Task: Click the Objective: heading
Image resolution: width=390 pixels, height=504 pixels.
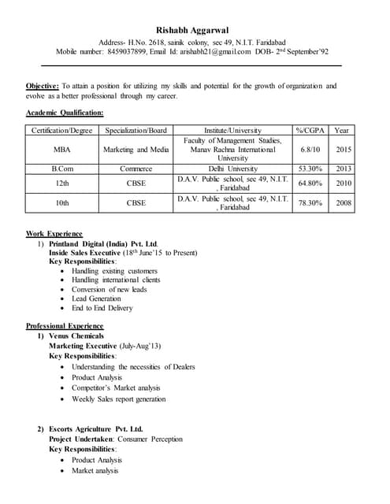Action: [42, 86]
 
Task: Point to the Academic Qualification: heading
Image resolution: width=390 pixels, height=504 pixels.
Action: [65, 113]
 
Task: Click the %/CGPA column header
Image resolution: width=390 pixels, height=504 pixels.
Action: [310, 130]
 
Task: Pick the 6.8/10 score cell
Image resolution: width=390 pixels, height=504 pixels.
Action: [310, 150]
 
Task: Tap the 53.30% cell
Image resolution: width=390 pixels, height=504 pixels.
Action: [310, 169]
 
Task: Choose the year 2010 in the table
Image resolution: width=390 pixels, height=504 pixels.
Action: [344, 183]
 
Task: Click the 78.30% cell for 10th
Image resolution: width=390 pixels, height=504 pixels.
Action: [310, 203]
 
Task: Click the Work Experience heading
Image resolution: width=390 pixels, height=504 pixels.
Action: [54, 234]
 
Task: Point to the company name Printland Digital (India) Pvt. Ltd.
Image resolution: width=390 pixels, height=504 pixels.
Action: [104, 244]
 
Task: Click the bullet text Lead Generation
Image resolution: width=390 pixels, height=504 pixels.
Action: [96, 299]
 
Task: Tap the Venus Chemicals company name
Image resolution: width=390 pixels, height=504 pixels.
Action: [76, 336]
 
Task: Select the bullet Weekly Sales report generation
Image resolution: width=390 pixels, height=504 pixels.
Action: [118, 399]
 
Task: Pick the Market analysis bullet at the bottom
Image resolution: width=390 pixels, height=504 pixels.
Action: [95, 471]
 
